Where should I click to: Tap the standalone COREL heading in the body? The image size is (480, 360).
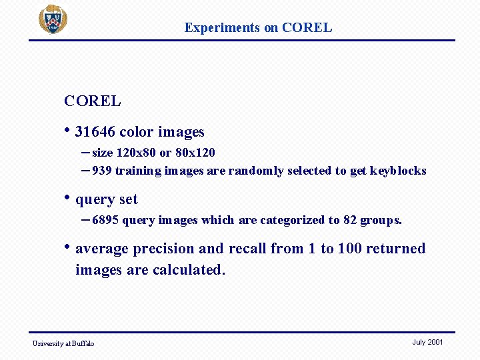(x=93, y=101)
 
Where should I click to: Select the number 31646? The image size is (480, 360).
(x=95, y=132)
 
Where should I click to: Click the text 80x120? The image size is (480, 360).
(x=195, y=153)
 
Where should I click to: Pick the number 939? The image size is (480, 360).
(x=102, y=171)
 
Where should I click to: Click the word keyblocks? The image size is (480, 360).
(x=398, y=171)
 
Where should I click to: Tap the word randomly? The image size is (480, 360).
(x=256, y=171)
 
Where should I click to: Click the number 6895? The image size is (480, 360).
(x=106, y=220)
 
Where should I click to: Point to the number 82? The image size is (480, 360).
(x=351, y=220)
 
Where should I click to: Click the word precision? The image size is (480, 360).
(x=163, y=249)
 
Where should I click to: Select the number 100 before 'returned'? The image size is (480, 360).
(x=349, y=249)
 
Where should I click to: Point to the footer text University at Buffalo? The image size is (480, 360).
(x=63, y=343)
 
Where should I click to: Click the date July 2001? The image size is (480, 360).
(x=427, y=342)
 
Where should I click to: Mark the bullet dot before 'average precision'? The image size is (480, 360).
(x=67, y=246)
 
